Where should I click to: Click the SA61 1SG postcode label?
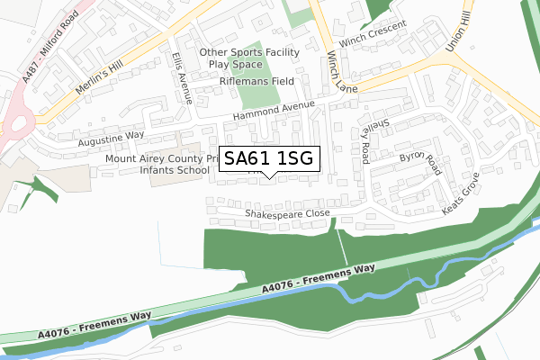268,159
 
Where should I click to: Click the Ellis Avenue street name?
183,78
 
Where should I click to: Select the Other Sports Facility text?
249,53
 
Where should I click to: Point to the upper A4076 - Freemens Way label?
319,279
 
